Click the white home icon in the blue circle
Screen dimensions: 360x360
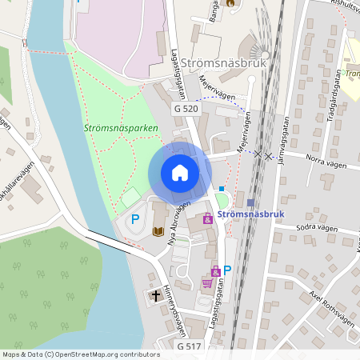(180, 172)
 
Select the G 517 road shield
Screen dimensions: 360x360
(190, 346)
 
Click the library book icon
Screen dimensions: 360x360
(158, 231)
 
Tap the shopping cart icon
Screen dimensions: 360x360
(207, 283)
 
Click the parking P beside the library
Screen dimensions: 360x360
(135, 218)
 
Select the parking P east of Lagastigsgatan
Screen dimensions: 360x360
(227, 270)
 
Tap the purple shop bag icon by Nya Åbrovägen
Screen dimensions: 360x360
(207, 217)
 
